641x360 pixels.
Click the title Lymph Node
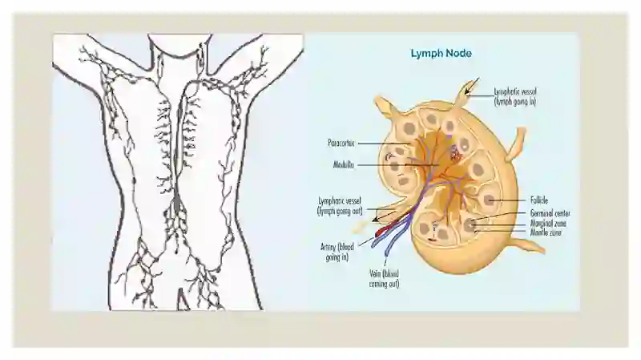point(441,53)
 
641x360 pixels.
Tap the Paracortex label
point(341,144)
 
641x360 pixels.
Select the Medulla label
point(344,165)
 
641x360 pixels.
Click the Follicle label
point(538,200)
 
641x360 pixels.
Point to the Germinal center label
point(550,213)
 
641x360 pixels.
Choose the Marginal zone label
point(548,224)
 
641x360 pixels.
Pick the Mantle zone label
point(546,233)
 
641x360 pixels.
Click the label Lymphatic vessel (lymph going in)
point(515,96)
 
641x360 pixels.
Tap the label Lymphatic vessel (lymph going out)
point(340,206)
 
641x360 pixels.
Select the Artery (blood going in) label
point(337,252)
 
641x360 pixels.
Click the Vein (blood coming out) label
point(384,278)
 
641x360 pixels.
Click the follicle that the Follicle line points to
point(490,200)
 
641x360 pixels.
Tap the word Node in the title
point(458,53)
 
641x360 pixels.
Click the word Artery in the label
point(329,248)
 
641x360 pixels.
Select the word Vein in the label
point(375,273)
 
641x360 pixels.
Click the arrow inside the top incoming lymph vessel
point(471,87)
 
